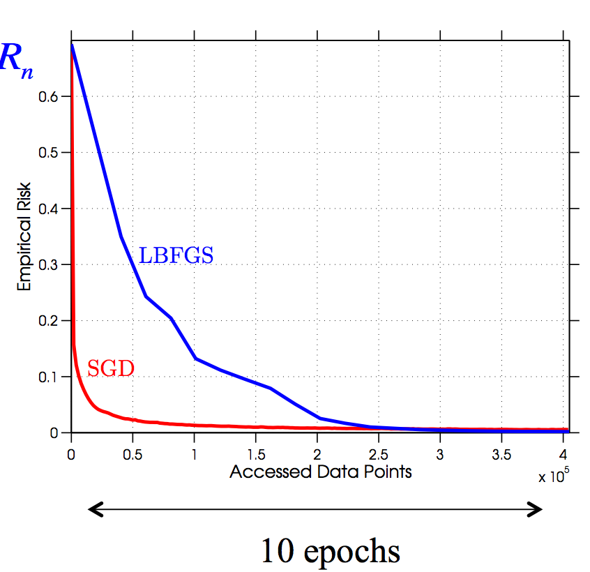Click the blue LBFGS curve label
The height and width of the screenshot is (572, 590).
pyautogui.click(x=176, y=255)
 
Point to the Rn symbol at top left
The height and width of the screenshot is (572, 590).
pyautogui.click(x=15, y=60)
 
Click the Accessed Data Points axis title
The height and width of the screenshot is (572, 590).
pyautogui.click(x=321, y=472)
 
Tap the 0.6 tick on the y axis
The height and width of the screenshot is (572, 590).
pyautogui.click(x=50, y=96)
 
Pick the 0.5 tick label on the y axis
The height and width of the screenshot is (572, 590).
pyautogui.click(x=50, y=152)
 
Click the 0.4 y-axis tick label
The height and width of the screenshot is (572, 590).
pyautogui.click(x=50, y=209)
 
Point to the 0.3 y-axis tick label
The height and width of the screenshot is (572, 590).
pyautogui.click(x=50, y=264)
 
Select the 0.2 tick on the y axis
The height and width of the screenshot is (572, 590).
pyautogui.click(x=50, y=321)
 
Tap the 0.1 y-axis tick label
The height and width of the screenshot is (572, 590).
pyautogui.click(x=50, y=377)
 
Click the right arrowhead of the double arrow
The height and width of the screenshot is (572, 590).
pyautogui.click(x=536, y=511)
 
